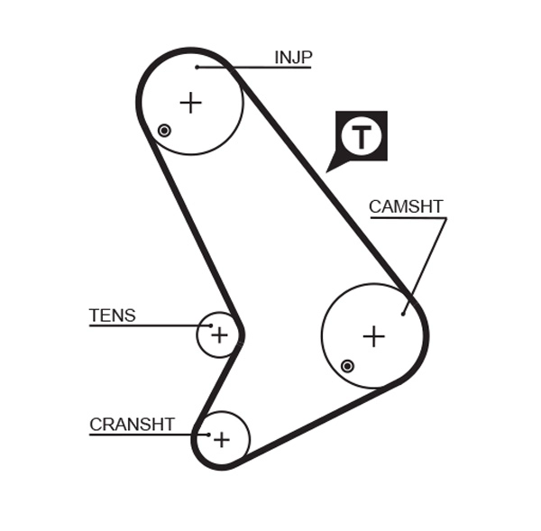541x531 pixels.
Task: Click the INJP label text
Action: (x=293, y=59)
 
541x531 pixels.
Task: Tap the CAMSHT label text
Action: (x=406, y=207)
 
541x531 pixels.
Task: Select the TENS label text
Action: (x=112, y=316)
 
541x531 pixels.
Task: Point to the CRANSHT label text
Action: (x=132, y=425)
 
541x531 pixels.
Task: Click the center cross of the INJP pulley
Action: (x=190, y=103)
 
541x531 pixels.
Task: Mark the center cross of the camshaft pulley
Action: (x=373, y=336)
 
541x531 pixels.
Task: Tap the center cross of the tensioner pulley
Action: (x=219, y=335)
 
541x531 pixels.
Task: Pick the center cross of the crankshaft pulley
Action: (x=221, y=439)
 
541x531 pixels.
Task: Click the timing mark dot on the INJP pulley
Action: (x=164, y=131)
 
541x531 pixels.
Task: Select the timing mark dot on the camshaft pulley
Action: (x=347, y=366)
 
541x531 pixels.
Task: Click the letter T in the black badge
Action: (x=362, y=137)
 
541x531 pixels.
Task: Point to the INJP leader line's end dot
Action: (x=197, y=67)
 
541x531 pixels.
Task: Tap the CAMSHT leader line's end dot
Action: (x=403, y=314)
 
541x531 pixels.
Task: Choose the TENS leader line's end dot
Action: (x=212, y=325)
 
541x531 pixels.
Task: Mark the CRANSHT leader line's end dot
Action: (x=208, y=435)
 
